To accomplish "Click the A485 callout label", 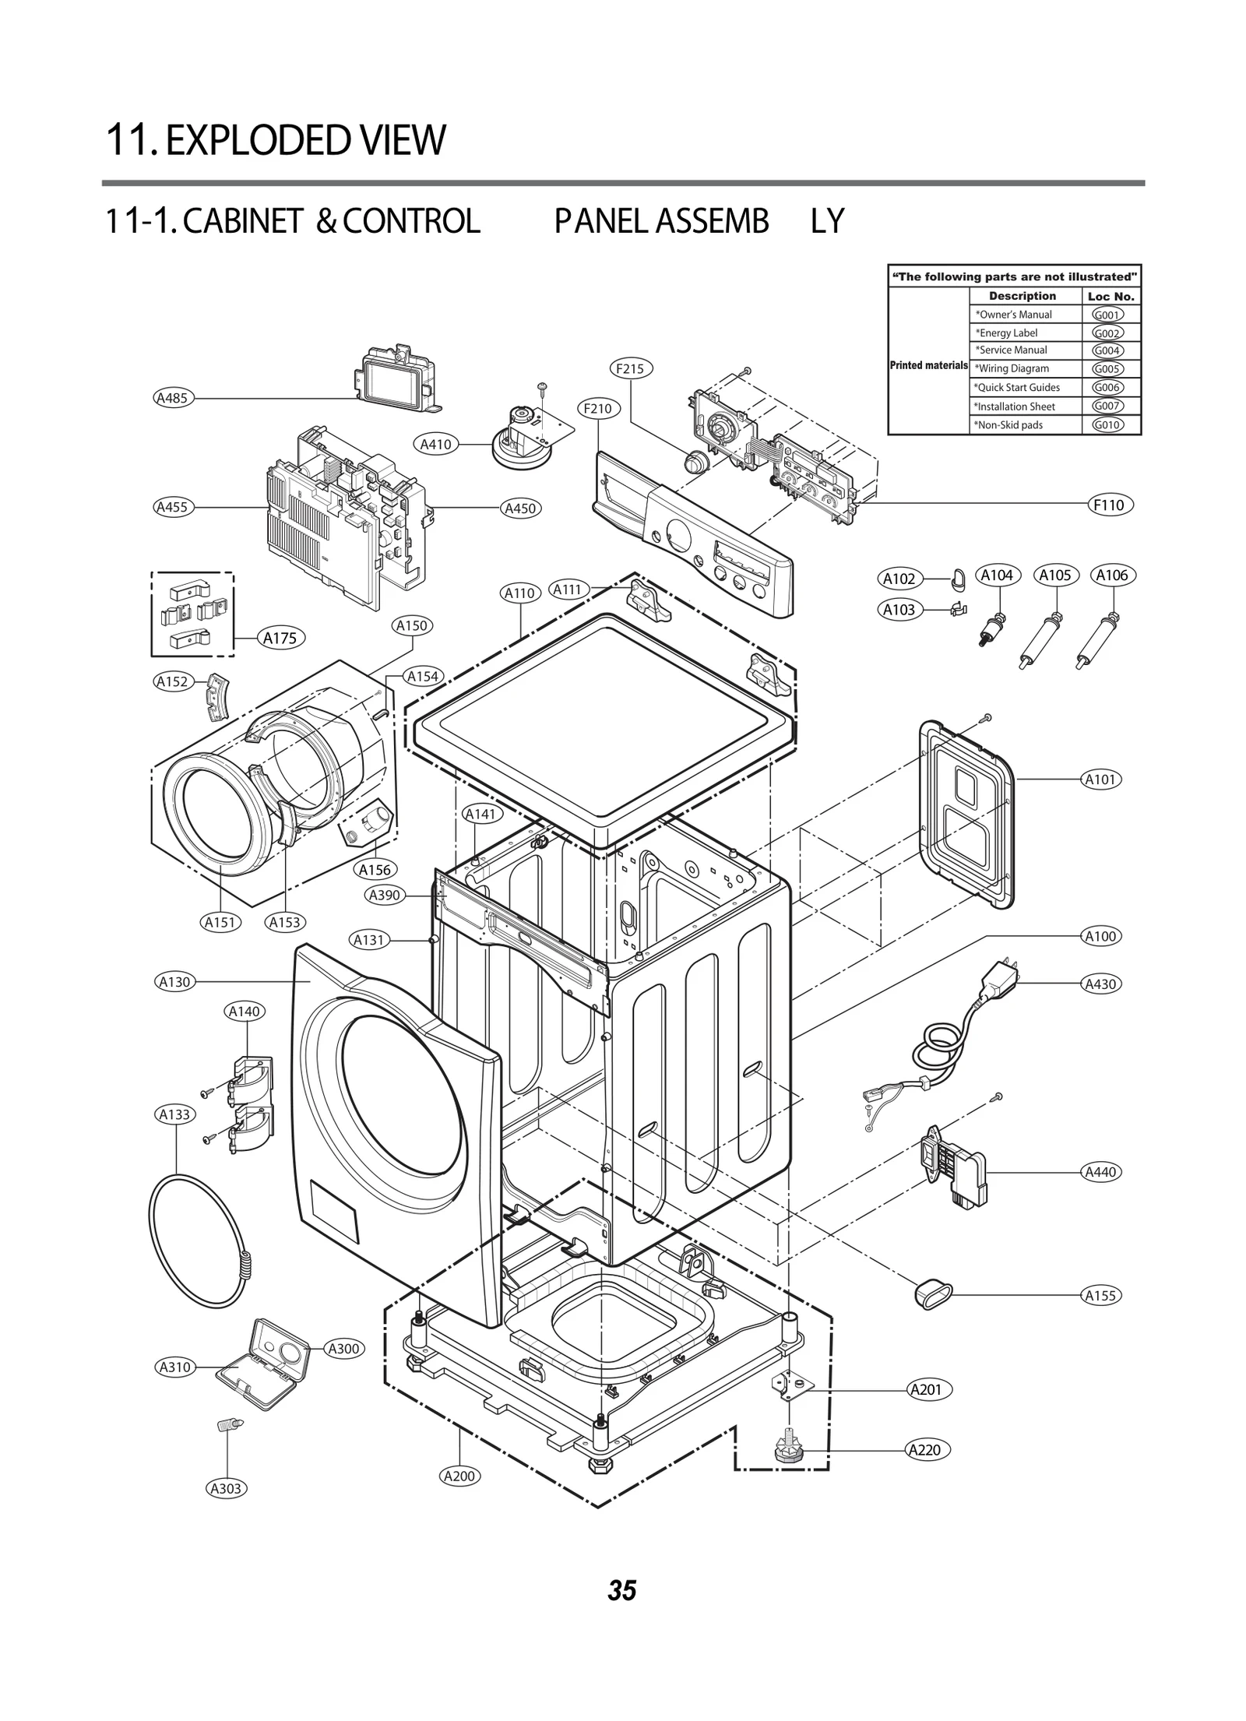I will (x=172, y=399).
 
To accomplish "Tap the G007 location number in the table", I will (x=1107, y=406).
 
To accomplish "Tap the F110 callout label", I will (x=1109, y=505).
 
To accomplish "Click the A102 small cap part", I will (x=957, y=578).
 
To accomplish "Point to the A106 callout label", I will (x=1111, y=575).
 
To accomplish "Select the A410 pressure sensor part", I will (x=523, y=441).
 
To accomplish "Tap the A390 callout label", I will (x=384, y=895).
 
